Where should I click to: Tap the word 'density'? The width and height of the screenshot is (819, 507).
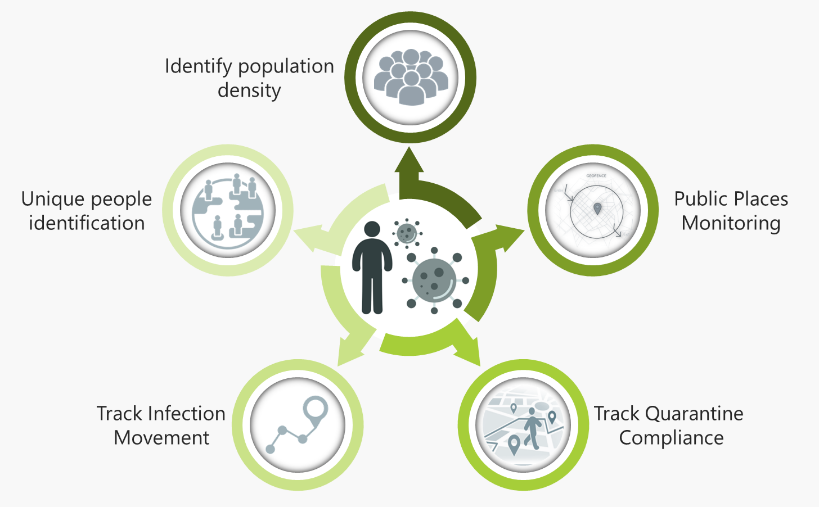[249, 90]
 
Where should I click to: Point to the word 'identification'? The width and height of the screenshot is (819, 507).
[87, 223]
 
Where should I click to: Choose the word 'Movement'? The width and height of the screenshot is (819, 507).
[161, 438]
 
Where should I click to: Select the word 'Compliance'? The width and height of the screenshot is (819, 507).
[671, 438]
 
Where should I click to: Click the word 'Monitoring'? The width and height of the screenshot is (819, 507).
[731, 223]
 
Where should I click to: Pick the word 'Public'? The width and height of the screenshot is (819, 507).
[701, 199]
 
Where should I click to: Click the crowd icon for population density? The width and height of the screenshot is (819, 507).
[411, 77]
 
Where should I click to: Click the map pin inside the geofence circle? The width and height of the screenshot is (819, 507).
[597, 209]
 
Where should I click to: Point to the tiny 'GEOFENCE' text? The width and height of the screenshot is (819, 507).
[596, 176]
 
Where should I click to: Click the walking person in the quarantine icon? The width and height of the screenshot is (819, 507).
[532, 428]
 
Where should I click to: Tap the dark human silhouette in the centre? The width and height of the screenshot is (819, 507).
[372, 267]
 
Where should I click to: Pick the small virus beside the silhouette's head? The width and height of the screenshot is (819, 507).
[407, 233]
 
